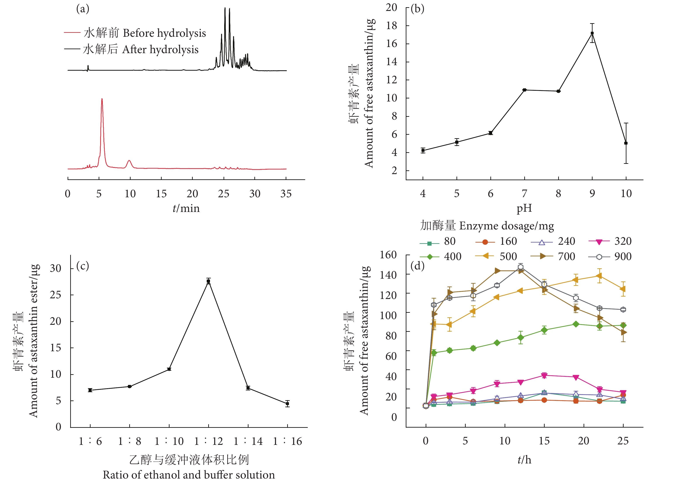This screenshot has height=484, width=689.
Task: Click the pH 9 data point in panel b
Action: [592, 33]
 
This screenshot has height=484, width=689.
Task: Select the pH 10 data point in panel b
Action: [626, 143]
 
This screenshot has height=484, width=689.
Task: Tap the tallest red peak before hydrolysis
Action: [102, 99]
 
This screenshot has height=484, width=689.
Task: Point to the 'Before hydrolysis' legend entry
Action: [135, 33]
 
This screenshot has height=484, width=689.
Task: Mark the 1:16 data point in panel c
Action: [287, 404]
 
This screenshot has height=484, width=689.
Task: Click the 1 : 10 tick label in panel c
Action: [169, 441]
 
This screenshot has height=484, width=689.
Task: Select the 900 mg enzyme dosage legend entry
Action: [610, 257]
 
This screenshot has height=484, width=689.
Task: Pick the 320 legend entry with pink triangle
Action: [610, 241]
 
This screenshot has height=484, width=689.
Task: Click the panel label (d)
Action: [417, 266]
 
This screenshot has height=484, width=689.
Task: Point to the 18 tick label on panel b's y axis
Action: [391, 26]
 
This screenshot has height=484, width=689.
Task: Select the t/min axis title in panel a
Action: [186, 208]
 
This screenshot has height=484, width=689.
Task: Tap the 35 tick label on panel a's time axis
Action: [286, 194]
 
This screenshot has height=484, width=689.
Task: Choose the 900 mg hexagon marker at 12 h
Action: [520, 267]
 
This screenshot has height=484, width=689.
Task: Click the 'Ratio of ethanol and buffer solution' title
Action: [189, 475]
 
